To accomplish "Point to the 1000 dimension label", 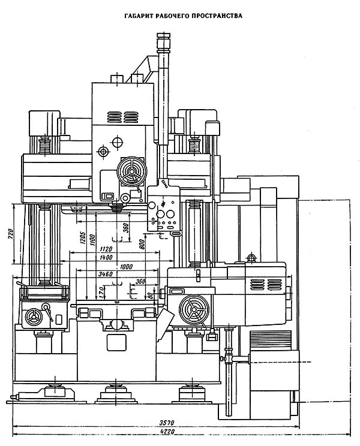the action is click(x=126, y=267).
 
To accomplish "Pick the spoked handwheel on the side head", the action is click(x=194, y=311).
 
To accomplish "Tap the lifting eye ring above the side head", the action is click(x=252, y=258).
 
